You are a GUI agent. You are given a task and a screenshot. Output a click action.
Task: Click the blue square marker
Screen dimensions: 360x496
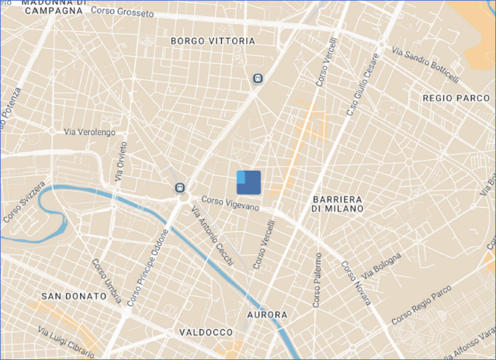click(x=248, y=182)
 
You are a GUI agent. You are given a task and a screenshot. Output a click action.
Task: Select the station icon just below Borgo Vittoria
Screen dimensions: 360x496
click(x=257, y=78)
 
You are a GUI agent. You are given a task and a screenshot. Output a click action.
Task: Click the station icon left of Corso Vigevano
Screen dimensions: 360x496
click(x=180, y=187)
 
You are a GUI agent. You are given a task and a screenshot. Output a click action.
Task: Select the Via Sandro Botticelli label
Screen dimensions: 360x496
click(x=425, y=64)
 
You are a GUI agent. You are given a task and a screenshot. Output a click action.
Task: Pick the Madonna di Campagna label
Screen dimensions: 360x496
click(x=52, y=7)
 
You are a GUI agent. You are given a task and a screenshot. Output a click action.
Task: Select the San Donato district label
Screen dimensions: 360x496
click(x=74, y=296)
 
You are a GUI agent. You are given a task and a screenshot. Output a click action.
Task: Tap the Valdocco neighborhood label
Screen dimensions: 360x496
click(x=201, y=332)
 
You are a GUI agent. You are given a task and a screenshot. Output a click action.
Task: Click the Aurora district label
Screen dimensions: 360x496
click(x=266, y=315)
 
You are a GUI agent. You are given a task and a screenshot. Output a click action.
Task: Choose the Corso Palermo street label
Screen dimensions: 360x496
click(x=317, y=280)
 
